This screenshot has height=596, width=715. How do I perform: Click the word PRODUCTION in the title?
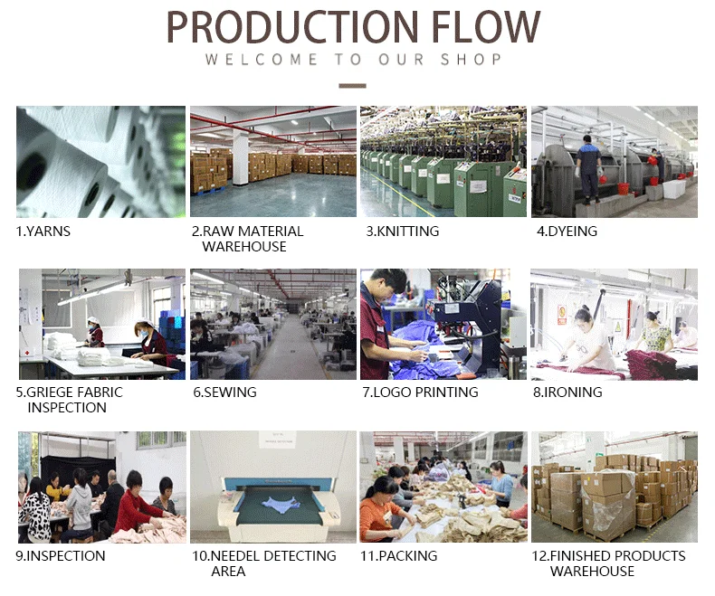point(292,27)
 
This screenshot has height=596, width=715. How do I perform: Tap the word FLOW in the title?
point(486,27)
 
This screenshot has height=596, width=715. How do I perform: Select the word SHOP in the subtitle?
point(471,59)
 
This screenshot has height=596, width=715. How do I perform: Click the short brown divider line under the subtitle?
point(352,86)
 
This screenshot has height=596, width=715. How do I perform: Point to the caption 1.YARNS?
point(43,232)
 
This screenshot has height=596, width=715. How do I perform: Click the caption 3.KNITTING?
point(403,232)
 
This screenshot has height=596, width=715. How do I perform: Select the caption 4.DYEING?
point(567,232)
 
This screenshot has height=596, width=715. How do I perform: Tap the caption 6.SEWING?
point(224,393)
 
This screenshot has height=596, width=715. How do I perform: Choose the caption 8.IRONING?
point(567,393)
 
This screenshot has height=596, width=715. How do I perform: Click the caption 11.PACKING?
point(399,556)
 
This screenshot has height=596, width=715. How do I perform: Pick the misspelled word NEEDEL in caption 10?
point(235,556)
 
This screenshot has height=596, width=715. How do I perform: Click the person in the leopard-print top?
point(33,511)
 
